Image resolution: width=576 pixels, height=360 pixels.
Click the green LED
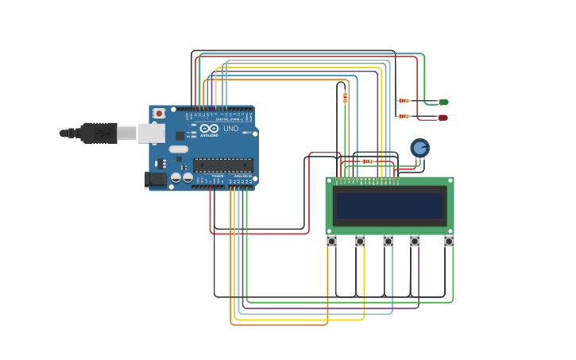point(443,102)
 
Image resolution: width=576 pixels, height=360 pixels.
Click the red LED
point(443,118)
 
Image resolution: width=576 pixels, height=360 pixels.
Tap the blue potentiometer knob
point(419,148)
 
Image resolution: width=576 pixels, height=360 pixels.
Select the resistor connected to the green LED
point(404,100)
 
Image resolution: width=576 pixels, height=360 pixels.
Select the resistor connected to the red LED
point(404,116)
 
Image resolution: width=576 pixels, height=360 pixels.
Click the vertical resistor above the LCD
point(345,98)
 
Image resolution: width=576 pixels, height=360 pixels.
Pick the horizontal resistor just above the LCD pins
point(367,161)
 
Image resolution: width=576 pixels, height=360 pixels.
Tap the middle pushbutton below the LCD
point(388,241)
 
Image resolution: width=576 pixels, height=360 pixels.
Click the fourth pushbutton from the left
point(415,241)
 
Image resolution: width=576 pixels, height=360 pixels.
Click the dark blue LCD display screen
point(389,206)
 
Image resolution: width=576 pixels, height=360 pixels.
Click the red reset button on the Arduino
point(159,114)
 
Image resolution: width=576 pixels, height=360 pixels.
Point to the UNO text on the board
point(230,129)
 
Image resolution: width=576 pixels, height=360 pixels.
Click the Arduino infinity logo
point(209,128)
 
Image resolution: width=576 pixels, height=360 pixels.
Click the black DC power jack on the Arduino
point(156,180)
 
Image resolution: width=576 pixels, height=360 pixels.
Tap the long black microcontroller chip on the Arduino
point(223,165)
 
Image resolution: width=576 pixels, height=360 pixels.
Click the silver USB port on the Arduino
point(151,134)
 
